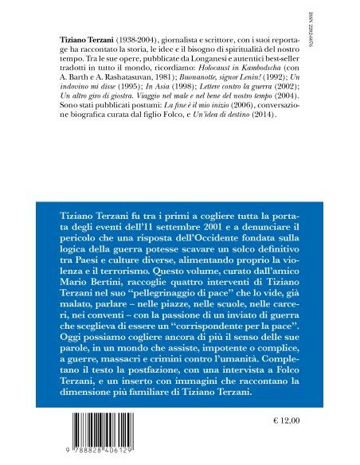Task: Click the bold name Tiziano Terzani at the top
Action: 87,38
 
